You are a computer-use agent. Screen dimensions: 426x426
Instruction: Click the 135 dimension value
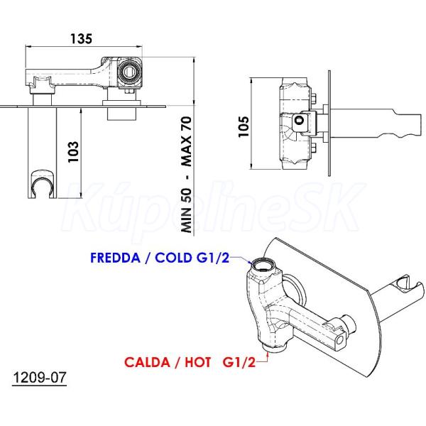pos(81,38)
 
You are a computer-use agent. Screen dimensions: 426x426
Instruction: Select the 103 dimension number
pos(73,152)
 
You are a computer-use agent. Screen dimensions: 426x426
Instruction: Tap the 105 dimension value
pos(244,126)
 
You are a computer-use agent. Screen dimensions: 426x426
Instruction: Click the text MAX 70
pos(186,141)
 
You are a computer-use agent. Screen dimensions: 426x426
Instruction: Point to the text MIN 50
pos(186,210)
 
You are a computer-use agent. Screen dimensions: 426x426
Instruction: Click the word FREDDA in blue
pos(115,258)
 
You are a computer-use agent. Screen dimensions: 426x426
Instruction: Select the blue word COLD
pos(174,258)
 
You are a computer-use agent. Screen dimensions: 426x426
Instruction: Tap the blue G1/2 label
pos(213,258)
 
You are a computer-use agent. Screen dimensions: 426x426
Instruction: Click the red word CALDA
pos(147,362)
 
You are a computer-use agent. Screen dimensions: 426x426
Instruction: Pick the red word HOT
pos(197,362)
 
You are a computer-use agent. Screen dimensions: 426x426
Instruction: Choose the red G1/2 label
pos(239,362)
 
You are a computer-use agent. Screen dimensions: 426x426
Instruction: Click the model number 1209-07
pos(40,377)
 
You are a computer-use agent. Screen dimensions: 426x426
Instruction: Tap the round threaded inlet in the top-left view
pos(129,71)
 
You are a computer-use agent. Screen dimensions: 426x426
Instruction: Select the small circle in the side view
pos(300,120)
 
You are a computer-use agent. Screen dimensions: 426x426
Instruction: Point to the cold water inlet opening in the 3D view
pos(262,263)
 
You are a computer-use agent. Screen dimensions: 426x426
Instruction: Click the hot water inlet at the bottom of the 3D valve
pos(275,347)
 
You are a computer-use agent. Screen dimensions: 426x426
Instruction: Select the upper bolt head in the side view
pos(314,99)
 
